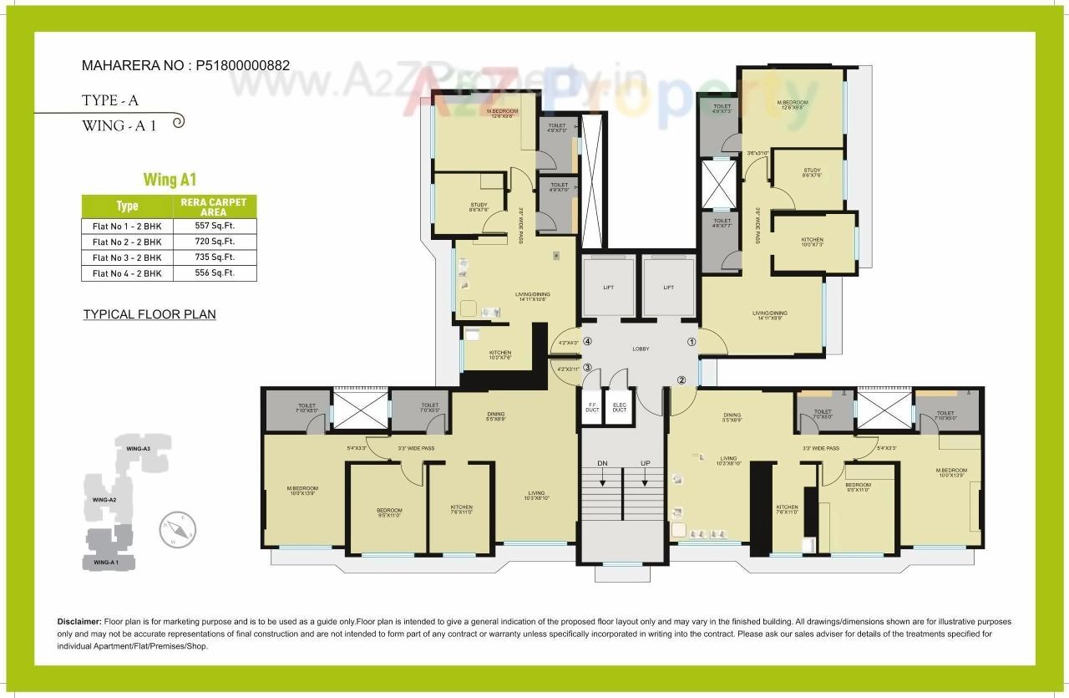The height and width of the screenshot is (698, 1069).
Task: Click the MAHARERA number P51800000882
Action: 243,64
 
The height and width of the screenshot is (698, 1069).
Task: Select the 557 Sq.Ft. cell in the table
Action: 215,226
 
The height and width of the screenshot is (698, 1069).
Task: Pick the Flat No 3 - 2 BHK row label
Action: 127,257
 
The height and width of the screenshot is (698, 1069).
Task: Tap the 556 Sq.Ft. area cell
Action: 215,273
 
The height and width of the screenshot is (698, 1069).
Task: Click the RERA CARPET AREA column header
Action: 215,207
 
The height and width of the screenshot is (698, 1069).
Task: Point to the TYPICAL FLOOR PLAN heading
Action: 149,314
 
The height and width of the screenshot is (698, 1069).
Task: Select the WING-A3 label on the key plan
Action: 138,449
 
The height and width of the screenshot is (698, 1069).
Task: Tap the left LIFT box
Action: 609,288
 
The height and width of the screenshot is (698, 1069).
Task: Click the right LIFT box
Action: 668,288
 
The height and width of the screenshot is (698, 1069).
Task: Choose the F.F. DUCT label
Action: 592,408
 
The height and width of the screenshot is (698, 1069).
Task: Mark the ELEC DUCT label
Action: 619,408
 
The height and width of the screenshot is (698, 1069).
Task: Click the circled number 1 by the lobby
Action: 691,341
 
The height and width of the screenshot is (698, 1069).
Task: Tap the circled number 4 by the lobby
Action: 588,341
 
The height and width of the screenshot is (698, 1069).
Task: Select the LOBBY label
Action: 641,349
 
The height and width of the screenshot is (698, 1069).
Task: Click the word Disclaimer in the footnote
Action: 79,622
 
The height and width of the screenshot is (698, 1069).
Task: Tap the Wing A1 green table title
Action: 170,180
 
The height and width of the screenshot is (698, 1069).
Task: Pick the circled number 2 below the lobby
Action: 681,380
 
